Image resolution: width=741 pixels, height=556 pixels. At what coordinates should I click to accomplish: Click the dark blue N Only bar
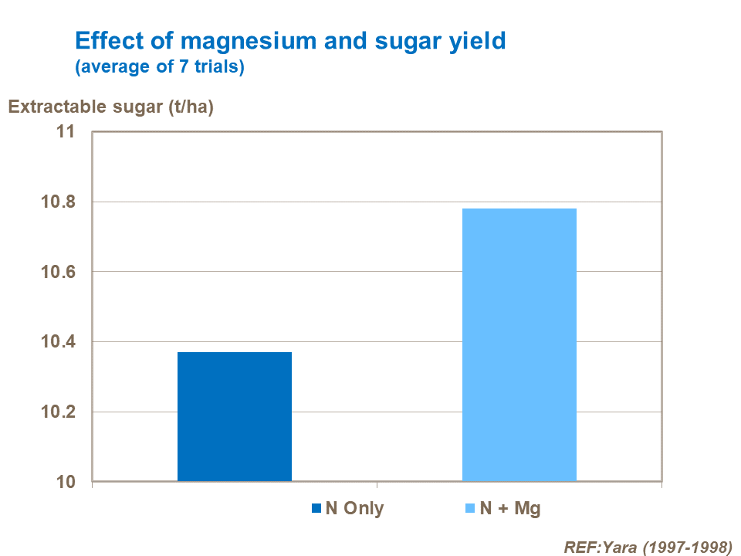point(235,417)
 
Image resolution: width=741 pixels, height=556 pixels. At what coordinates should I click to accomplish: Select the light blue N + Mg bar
point(519,345)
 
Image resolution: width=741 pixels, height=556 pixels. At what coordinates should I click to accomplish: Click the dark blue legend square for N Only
point(316,508)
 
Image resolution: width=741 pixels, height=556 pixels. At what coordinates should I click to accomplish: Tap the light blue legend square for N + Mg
point(470,508)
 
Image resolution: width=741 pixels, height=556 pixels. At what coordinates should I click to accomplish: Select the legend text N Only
point(354,508)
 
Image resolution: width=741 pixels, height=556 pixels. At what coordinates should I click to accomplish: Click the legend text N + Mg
point(510,508)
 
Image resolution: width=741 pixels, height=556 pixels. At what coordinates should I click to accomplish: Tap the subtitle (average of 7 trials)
point(160,67)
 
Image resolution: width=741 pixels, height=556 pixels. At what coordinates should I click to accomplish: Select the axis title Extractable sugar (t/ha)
point(110,107)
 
